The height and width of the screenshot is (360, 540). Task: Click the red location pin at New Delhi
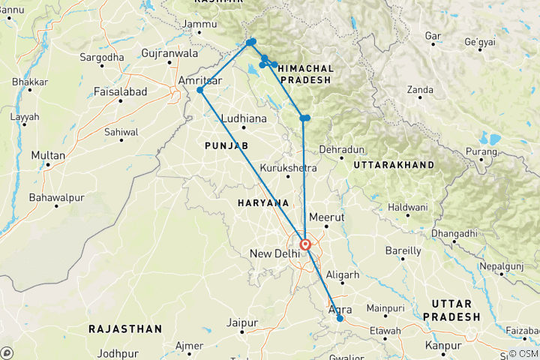(x=305, y=244)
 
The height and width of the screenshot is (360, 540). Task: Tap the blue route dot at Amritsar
(x=200, y=91)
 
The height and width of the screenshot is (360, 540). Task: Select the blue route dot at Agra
(x=340, y=319)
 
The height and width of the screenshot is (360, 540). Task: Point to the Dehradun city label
(x=341, y=149)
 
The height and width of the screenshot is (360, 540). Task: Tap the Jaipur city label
(x=241, y=322)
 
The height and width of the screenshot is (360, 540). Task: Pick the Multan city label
(x=48, y=155)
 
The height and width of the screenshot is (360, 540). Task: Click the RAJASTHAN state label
(x=124, y=328)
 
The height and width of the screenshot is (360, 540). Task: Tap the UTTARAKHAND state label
(x=394, y=164)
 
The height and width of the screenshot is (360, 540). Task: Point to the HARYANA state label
(x=263, y=203)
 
